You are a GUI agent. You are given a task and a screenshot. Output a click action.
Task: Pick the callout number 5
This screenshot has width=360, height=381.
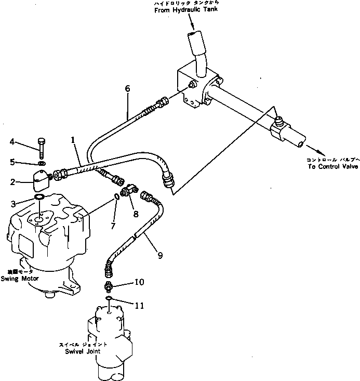click(x=12, y=162)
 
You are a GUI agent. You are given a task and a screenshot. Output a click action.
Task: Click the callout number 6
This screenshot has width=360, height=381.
click(x=127, y=89)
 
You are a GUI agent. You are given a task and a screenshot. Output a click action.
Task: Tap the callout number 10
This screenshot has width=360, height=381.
click(x=139, y=282)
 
